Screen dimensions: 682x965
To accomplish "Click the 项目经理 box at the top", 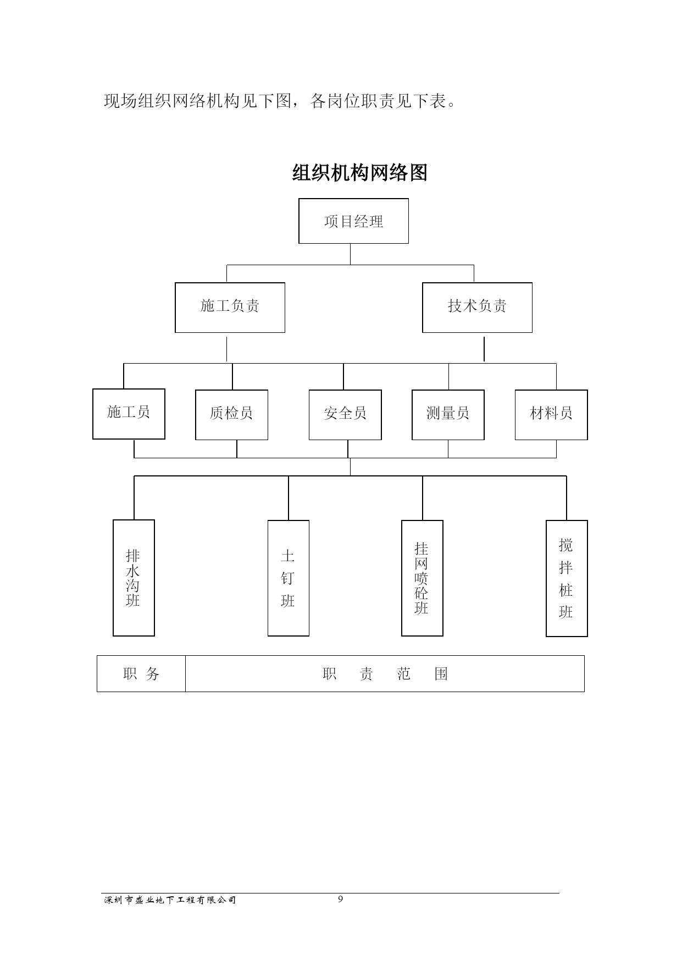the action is tap(353, 221).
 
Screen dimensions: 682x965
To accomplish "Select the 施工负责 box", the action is tap(230, 308).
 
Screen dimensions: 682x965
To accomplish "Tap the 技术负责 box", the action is tap(477, 308).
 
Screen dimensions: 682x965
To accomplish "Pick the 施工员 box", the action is tap(129, 414).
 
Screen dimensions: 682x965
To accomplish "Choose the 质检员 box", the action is tap(231, 415).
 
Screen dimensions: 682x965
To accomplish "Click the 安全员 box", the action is tap(345, 415).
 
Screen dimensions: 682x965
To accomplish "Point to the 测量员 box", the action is tap(448, 415).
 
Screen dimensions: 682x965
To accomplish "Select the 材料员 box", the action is tap(551, 415).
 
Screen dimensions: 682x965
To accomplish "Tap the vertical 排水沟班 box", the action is tap(134, 578).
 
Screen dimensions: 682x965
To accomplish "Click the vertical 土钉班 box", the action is tap(289, 578).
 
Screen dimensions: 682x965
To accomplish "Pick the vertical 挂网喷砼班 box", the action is tap(422, 578).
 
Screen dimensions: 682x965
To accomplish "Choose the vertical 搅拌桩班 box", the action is tap(567, 578).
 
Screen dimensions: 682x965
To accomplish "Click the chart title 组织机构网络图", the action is tap(359, 173).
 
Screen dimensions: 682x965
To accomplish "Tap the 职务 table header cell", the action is tap(141, 673).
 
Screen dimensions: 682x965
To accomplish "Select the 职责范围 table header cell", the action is tap(385, 673).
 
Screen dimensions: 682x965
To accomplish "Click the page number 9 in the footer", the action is tap(340, 899).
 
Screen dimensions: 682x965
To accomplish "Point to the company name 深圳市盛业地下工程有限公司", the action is tap(170, 900).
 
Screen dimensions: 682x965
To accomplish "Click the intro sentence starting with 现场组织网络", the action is tap(280, 101).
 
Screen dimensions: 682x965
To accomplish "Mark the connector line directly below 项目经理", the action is tap(351, 254).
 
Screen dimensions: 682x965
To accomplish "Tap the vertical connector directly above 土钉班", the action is tap(289, 498).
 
